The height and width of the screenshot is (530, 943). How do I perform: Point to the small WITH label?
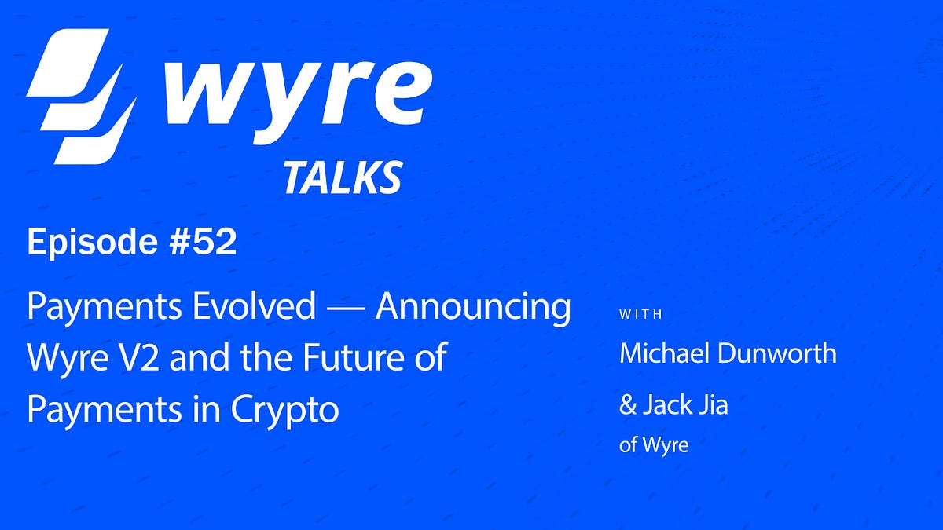coord(641,315)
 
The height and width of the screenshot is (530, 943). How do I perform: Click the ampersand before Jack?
coord(628,406)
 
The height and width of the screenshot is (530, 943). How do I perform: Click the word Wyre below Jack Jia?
coord(665,445)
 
